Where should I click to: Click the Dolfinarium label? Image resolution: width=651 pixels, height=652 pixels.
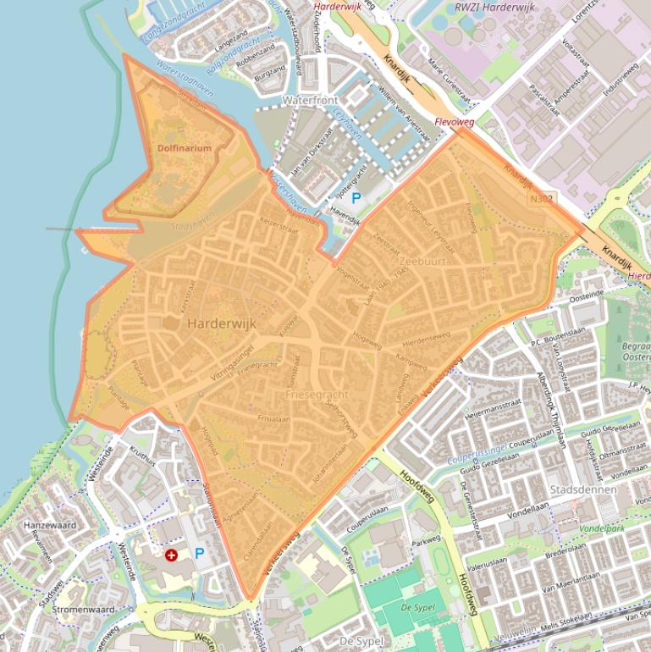click(184, 148)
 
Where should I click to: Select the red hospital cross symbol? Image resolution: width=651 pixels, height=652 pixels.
click(172, 555)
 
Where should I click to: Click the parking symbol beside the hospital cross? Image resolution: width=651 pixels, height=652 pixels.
click(201, 554)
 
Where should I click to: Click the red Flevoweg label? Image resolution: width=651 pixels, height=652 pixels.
click(454, 122)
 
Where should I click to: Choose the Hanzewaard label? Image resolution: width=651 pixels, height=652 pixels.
click(50, 525)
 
